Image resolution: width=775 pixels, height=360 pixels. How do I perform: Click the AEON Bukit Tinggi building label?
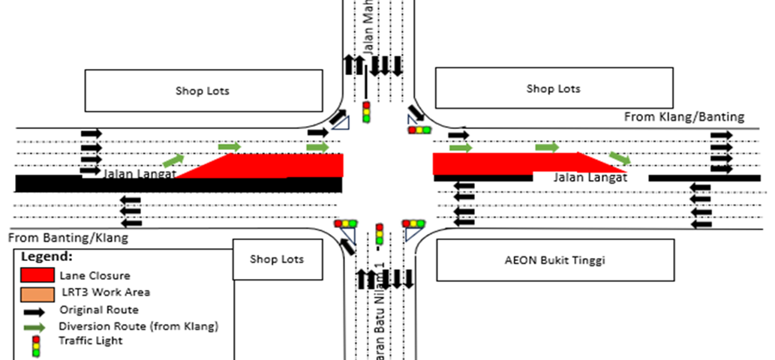click(x=555, y=261)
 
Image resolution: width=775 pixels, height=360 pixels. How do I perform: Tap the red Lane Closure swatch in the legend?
click(x=38, y=274)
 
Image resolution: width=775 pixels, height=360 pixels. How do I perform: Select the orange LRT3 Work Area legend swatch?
click(x=38, y=292)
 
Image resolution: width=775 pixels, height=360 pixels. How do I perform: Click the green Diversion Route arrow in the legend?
click(x=37, y=326)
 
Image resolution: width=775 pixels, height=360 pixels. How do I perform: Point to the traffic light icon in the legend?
click(x=35, y=346)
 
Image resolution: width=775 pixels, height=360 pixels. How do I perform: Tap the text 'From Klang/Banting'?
click(x=684, y=116)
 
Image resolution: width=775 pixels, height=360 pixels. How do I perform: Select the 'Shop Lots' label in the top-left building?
click(x=203, y=91)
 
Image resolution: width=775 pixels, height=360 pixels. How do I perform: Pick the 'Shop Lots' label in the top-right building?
click(x=553, y=88)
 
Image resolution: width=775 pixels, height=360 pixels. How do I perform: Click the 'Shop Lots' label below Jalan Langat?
click(x=277, y=259)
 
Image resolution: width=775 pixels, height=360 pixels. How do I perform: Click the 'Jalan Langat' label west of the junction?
click(x=134, y=174)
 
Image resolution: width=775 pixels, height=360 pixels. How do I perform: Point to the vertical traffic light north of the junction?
click(x=367, y=112)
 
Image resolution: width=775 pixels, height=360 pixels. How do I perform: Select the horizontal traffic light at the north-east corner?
click(x=419, y=130)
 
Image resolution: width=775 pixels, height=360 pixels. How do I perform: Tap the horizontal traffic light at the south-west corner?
click(x=347, y=223)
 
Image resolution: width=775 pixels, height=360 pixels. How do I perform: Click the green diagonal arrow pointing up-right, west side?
click(x=173, y=159)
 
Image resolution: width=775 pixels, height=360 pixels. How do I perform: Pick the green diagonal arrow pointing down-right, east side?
click(x=620, y=157)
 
